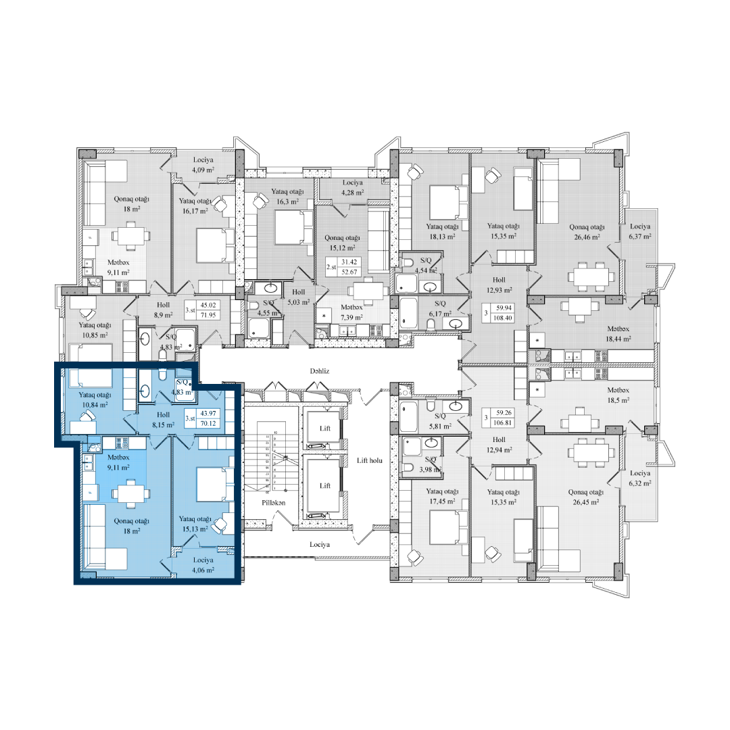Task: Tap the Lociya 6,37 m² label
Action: click(x=639, y=232)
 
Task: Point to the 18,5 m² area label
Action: click(x=618, y=400)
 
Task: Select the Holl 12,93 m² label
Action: click(x=499, y=285)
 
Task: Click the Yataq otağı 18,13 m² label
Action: click(x=443, y=231)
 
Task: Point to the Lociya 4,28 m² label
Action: click(x=352, y=188)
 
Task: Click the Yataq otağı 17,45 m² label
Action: click(x=443, y=496)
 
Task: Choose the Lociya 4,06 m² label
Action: click(x=203, y=565)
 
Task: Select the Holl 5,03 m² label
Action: click(x=298, y=297)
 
